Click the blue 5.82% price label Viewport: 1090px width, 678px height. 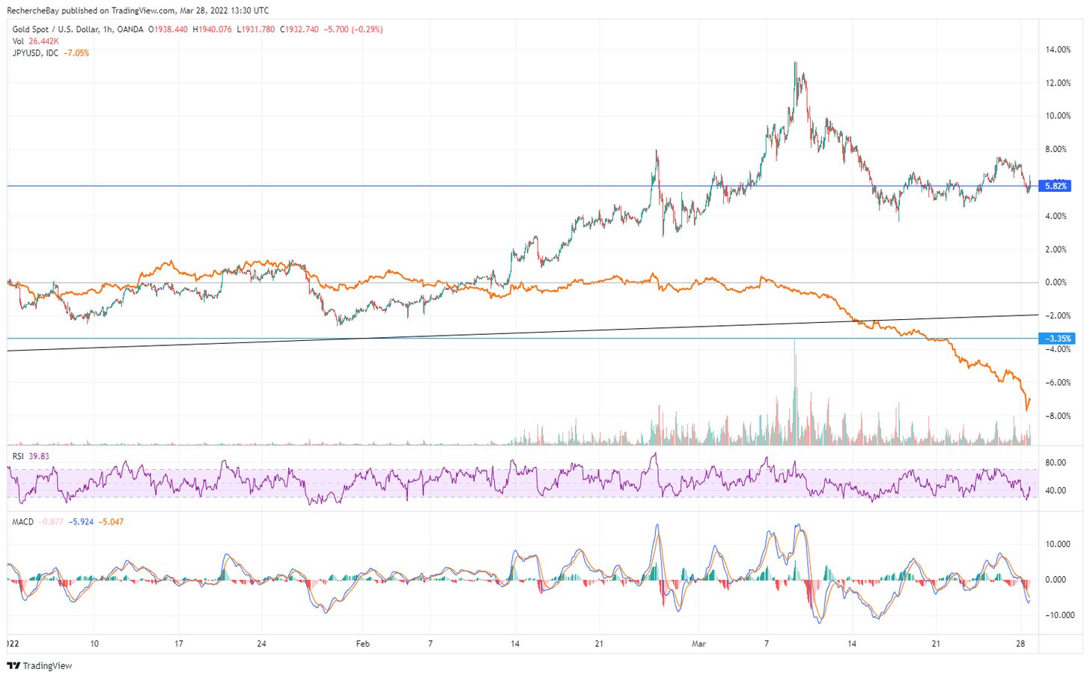tap(1056, 186)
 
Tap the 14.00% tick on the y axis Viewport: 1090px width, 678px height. tap(1058, 50)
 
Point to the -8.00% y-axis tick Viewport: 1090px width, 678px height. tap(1058, 417)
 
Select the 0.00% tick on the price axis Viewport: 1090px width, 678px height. tap(1056, 283)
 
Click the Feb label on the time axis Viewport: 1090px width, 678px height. tap(363, 644)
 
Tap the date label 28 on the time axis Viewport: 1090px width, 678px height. tap(1021, 644)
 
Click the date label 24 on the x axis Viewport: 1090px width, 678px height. tap(261, 644)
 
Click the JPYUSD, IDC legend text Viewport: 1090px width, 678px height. tap(35, 53)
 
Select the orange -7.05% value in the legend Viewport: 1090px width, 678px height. tap(76, 53)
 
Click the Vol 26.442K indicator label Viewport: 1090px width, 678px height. tap(35, 41)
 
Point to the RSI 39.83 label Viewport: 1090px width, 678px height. tap(31, 456)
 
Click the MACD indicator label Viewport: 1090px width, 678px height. tap(23, 521)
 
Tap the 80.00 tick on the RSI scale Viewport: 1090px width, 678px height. tap(1056, 463)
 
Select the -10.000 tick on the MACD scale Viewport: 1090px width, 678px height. tap(1057, 616)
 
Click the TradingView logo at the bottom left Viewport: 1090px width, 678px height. tap(40, 665)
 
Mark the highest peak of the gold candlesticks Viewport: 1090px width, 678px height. tap(795, 63)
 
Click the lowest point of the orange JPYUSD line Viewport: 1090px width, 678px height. tap(1026, 410)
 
